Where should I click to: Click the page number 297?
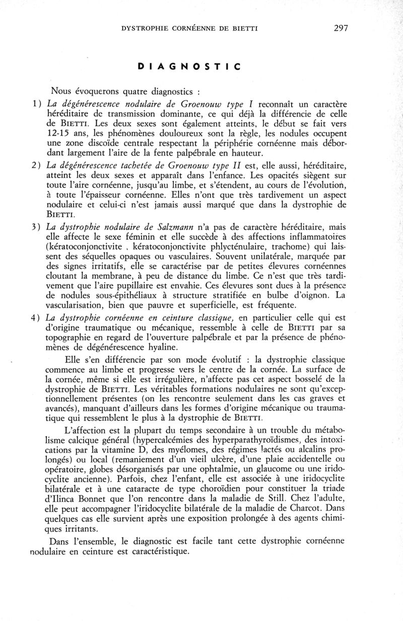pos(341,28)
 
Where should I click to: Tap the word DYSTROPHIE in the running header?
pos(146,29)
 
